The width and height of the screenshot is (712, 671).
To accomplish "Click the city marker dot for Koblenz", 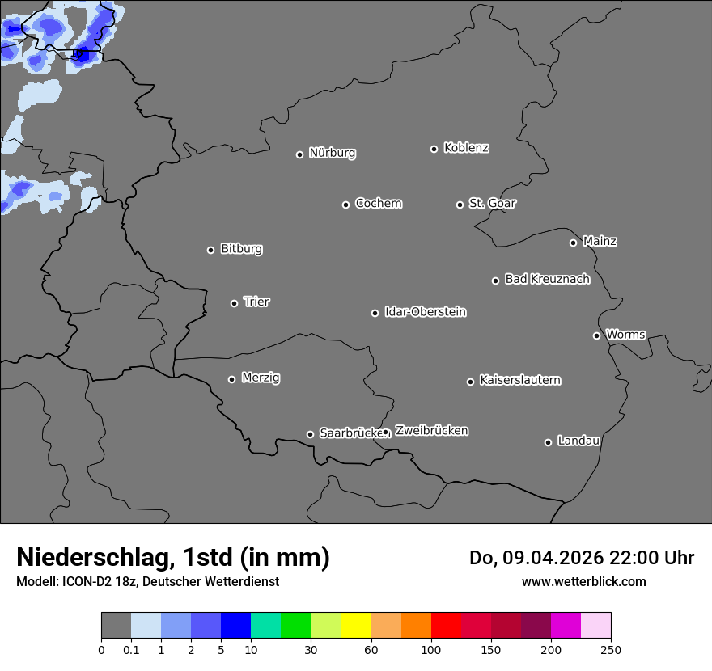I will [434, 149].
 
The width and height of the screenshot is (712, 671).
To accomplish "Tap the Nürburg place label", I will [332, 153].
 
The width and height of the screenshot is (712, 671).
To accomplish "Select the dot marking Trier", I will [234, 303].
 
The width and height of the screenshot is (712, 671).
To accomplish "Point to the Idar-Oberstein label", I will [425, 312].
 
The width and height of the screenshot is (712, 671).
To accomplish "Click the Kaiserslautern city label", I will [519, 380].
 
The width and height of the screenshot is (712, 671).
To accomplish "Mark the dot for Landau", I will [548, 442].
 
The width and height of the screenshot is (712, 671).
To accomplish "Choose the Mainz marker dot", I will [573, 243].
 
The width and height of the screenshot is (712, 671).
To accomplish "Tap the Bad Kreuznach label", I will [547, 279].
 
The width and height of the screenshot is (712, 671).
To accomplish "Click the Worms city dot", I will [596, 335].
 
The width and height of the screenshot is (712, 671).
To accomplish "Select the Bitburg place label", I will [241, 249].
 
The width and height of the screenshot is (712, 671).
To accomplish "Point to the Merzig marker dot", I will [231, 379].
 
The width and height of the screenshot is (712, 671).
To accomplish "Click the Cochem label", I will [378, 203].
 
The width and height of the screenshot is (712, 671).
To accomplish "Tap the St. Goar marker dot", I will [460, 205].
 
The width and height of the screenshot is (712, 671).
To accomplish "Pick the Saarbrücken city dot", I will [310, 434].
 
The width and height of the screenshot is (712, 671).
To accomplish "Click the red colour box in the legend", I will [446, 626].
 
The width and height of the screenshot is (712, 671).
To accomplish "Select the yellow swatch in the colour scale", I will [356, 626].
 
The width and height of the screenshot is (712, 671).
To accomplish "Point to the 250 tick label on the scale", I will [611, 649].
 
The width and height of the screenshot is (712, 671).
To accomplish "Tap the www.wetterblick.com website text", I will [583, 581].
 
